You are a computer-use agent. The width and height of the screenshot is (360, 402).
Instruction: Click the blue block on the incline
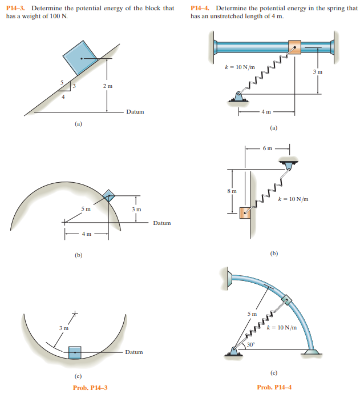[x=81, y=57]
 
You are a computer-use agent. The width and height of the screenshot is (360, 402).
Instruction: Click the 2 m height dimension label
[x=108, y=86]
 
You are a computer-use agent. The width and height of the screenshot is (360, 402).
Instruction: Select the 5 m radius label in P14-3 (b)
[x=86, y=209]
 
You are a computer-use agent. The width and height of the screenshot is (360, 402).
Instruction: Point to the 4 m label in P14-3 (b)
[x=86, y=233]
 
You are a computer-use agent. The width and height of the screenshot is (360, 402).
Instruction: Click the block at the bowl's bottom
[x=75, y=352]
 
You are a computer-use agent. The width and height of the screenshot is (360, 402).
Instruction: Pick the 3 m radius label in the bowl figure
[x=63, y=328]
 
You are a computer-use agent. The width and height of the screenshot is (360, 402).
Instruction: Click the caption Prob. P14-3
[x=90, y=388]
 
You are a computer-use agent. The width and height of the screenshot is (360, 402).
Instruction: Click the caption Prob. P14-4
[x=274, y=388]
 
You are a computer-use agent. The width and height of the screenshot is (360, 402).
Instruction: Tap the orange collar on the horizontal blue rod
[x=294, y=47]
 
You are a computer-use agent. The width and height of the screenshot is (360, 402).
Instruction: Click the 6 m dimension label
[x=268, y=148]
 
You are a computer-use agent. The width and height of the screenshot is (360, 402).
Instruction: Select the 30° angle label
[x=250, y=344]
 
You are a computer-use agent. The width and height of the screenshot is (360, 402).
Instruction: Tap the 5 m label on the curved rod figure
[x=252, y=313]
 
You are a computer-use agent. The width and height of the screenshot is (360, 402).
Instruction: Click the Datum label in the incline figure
[x=135, y=112]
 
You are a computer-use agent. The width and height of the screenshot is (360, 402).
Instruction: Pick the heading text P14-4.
[x=201, y=8]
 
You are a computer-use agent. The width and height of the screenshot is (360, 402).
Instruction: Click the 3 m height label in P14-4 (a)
[x=318, y=72]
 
